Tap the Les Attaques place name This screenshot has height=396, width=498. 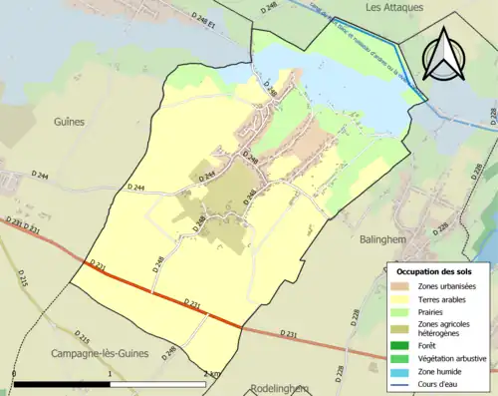pos(388,7)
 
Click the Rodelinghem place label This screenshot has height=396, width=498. pos(283,388)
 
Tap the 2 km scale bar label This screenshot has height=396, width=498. pos(210,373)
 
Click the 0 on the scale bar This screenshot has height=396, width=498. pos(14,373)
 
